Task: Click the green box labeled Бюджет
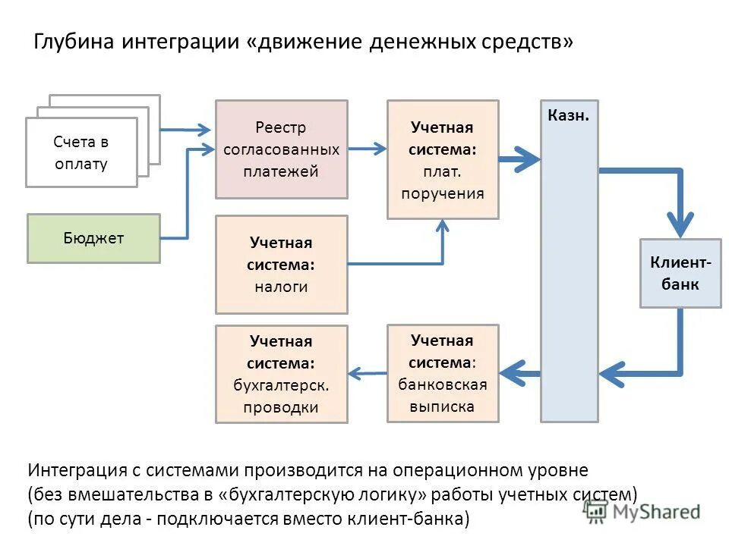tap(93, 238)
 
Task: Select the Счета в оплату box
tap(81, 152)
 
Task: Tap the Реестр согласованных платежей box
tap(281, 149)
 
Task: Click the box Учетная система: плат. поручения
tap(443, 160)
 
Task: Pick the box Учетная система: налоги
tap(281, 265)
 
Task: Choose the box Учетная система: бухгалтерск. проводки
tap(281, 374)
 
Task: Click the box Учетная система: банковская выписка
tap(443, 373)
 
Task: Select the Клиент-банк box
tap(680, 274)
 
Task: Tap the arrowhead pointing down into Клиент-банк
tap(680, 224)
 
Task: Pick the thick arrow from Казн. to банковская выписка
tap(520, 372)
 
